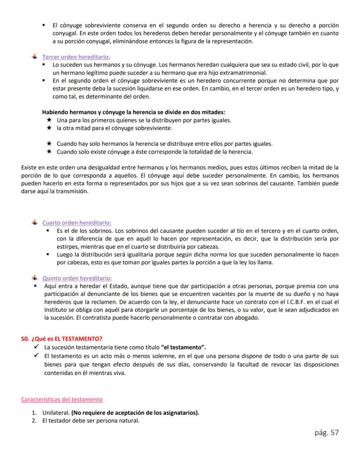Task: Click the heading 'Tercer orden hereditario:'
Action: click(76, 57)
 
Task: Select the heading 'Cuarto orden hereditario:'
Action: click(77, 223)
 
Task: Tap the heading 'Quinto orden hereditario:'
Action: click(77, 278)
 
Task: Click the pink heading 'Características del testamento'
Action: click(62, 399)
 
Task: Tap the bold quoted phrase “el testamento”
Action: click(183, 347)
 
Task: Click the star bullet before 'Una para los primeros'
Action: click(49, 120)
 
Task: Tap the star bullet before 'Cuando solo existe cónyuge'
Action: click(49, 152)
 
